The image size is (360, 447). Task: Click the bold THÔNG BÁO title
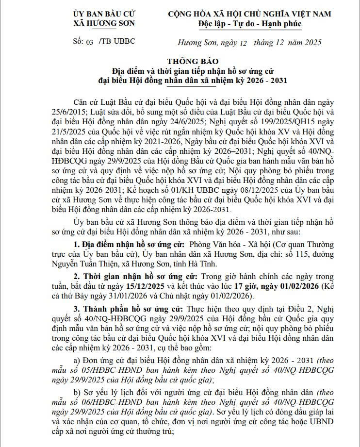coord(193,61)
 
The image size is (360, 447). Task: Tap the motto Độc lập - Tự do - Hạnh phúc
coord(250,23)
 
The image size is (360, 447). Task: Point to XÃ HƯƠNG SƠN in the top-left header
coord(104,23)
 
